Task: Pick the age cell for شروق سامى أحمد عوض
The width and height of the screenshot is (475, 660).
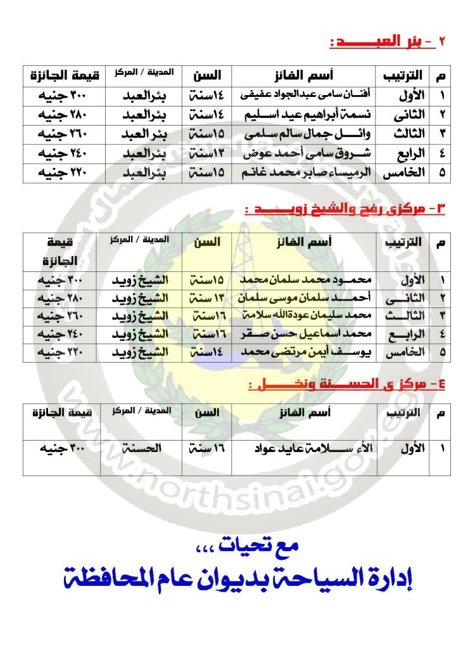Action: pos(206,153)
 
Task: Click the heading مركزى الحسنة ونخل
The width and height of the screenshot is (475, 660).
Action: pos(346,384)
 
